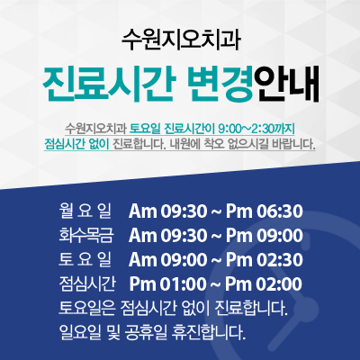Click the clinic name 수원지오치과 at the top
[181, 40]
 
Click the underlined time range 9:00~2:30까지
[256, 130]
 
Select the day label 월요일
[85, 211]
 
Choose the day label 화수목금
[85, 236]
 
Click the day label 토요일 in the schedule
[85, 260]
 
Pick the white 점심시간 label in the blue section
[87, 284]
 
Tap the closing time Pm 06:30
[265, 211]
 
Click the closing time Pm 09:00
[265, 236]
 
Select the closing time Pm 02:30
[265, 260]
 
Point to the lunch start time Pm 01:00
[168, 284]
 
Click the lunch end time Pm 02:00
[264, 284]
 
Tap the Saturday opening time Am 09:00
[168, 260]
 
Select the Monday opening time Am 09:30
[168, 211]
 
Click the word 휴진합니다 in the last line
[209, 332]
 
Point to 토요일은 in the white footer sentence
[87, 308]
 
